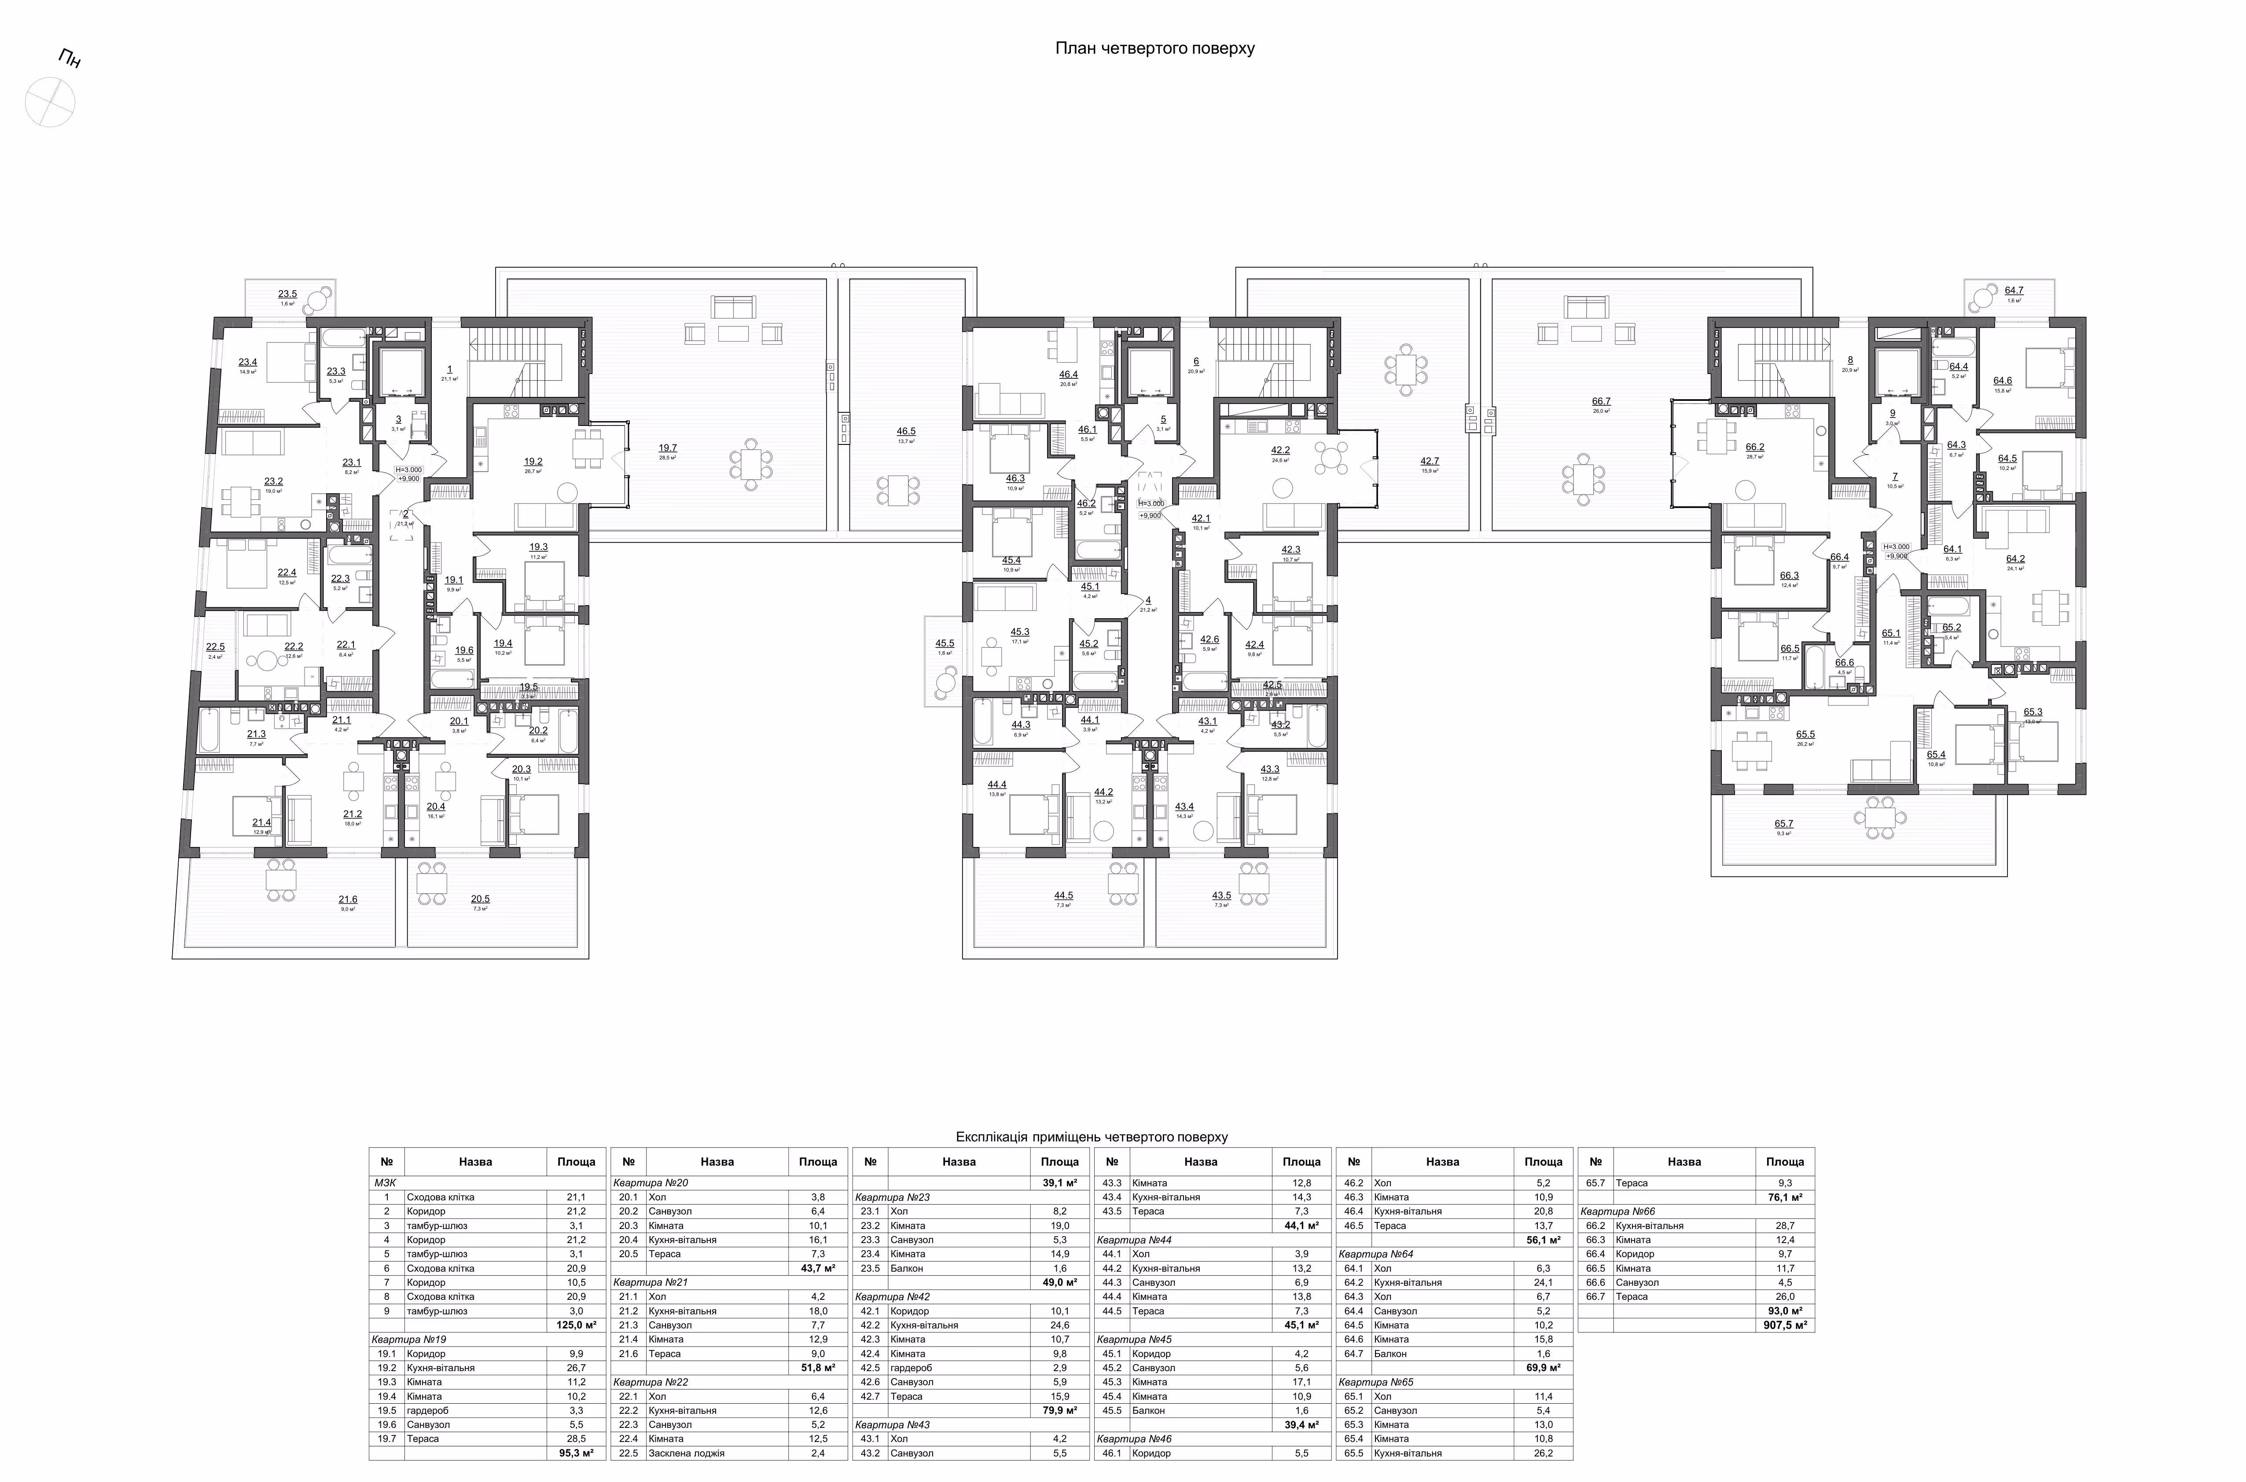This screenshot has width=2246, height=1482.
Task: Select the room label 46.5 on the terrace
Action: [x=906, y=431]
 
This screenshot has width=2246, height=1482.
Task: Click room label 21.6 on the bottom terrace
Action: [x=348, y=900]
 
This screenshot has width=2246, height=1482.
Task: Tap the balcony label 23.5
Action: [x=287, y=294]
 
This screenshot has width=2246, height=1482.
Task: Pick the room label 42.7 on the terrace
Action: [x=1429, y=461]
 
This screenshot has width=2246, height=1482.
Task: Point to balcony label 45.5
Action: [x=945, y=644]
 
